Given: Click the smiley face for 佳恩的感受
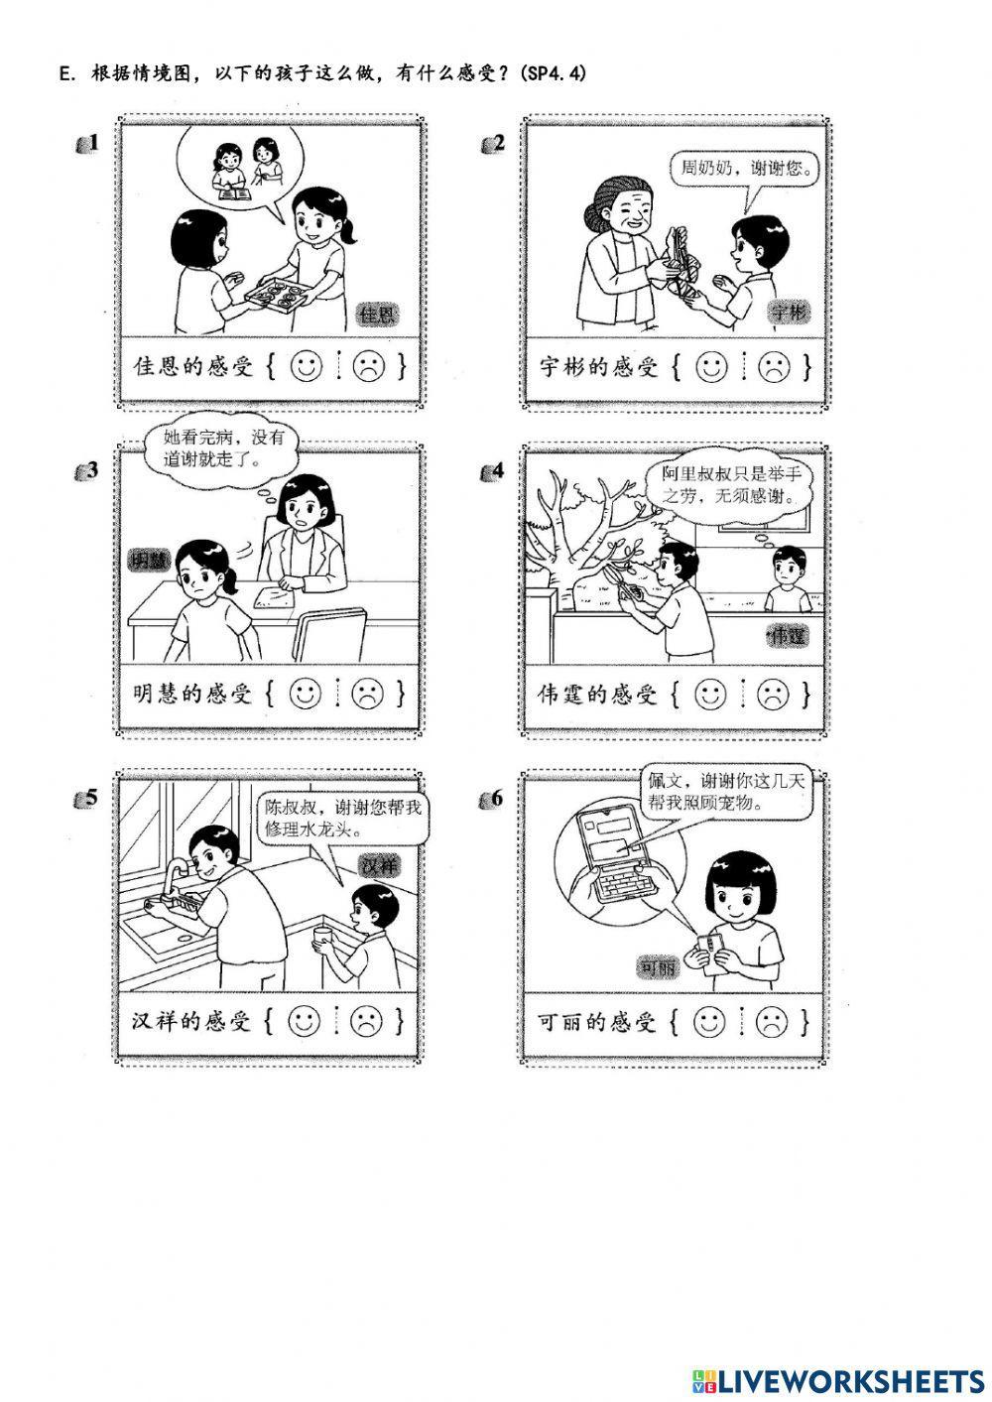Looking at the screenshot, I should tap(308, 366).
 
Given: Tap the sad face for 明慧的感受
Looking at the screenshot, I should tap(369, 693).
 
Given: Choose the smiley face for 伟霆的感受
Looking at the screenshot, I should tap(709, 694).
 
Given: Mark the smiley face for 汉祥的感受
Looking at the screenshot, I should tap(306, 1019).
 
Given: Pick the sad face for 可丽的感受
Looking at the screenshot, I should tap(772, 1020).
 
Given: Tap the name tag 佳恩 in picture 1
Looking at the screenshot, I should tap(377, 316).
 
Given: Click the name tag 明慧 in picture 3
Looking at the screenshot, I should tap(151, 561).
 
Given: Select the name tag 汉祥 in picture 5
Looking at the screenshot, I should tap(379, 866).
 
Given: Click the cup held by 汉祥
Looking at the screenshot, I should tap(322, 938).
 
